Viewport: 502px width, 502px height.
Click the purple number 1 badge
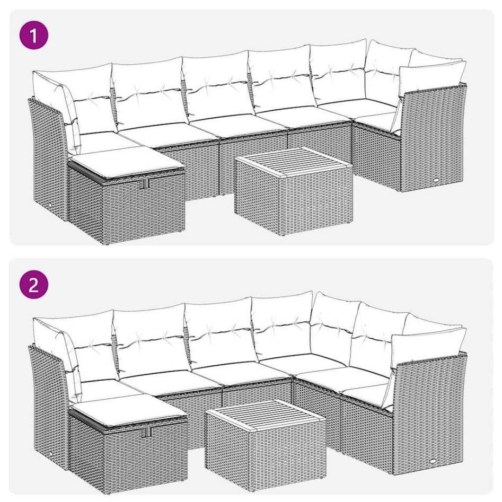(34, 36)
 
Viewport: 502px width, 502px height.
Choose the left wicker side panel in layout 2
(48, 403)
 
